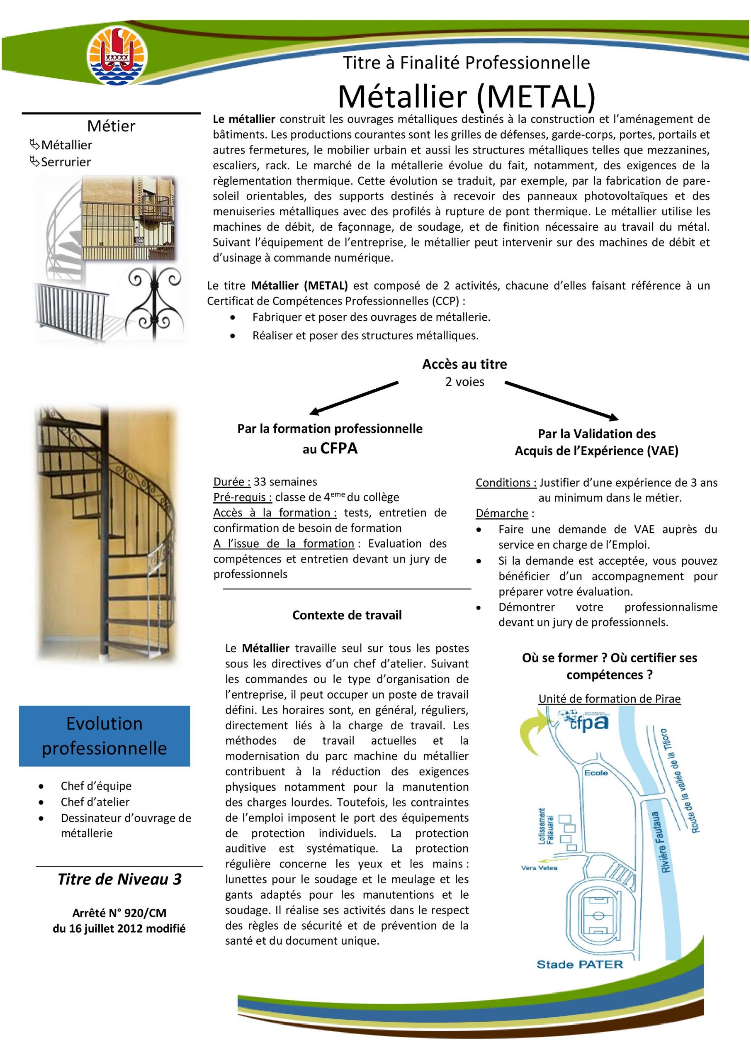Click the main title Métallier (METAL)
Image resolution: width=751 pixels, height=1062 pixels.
[x=466, y=96]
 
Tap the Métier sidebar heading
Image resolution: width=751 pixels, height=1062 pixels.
[x=111, y=126]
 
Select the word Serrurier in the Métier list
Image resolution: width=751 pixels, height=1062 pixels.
[x=66, y=162]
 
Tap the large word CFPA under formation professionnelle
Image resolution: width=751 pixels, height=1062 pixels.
[x=339, y=448]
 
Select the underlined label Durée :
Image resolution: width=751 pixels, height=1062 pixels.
[x=232, y=482]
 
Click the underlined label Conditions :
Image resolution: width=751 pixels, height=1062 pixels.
[x=506, y=482]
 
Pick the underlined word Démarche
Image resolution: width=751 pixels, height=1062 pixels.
[x=502, y=513]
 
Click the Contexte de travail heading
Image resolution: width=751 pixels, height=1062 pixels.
[x=347, y=615]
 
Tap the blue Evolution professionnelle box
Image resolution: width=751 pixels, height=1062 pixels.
[x=105, y=736]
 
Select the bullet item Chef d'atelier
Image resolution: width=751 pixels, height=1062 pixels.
[x=95, y=801]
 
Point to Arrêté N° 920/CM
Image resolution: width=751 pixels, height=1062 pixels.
[x=119, y=913]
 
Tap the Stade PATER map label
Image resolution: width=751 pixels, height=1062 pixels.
[x=580, y=965]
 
